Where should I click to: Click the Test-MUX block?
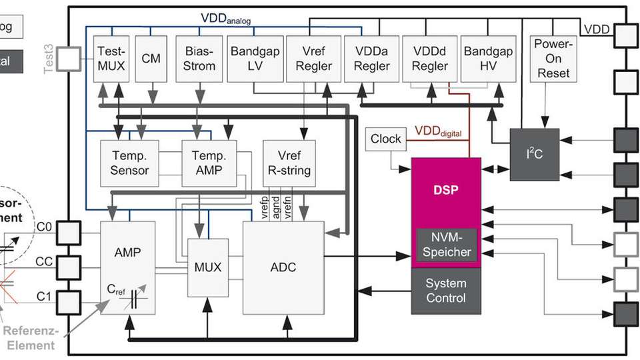pyautogui.click(x=111, y=58)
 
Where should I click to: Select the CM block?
pyautogui.click(x=151, y=58)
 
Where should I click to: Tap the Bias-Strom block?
pyautogui.click(x=199, y=58)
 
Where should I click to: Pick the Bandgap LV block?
pyautogui.click(x=255, y=58)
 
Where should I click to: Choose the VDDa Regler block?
pyautogui.click(x=371, y=58)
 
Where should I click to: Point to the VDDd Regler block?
pyautogui.click(x=429, y=58)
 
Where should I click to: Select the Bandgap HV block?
pyautogui.click(x=488, y=58)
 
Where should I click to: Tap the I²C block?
pyautogui.click(x=535, y=154)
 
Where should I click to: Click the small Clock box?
pyautogui.click(x=386, y=139)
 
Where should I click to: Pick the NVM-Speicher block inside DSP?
pyautogui.click(x=446, y=245)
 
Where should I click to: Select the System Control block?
pyautogui.click(x=446, y=290)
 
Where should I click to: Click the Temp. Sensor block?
pyautogui.click(x=130, y=163)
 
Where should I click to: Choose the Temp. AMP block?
pyautogui.click(x=209, y=163)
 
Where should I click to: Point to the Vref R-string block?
pyautogui.click(x=288, y=163)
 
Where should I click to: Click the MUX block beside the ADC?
pyautogui.click(x=208, y=267)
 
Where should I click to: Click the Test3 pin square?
pyautogui.click(x=69, y=59)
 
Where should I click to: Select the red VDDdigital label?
pyautogui.click(x=438, y=131)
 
